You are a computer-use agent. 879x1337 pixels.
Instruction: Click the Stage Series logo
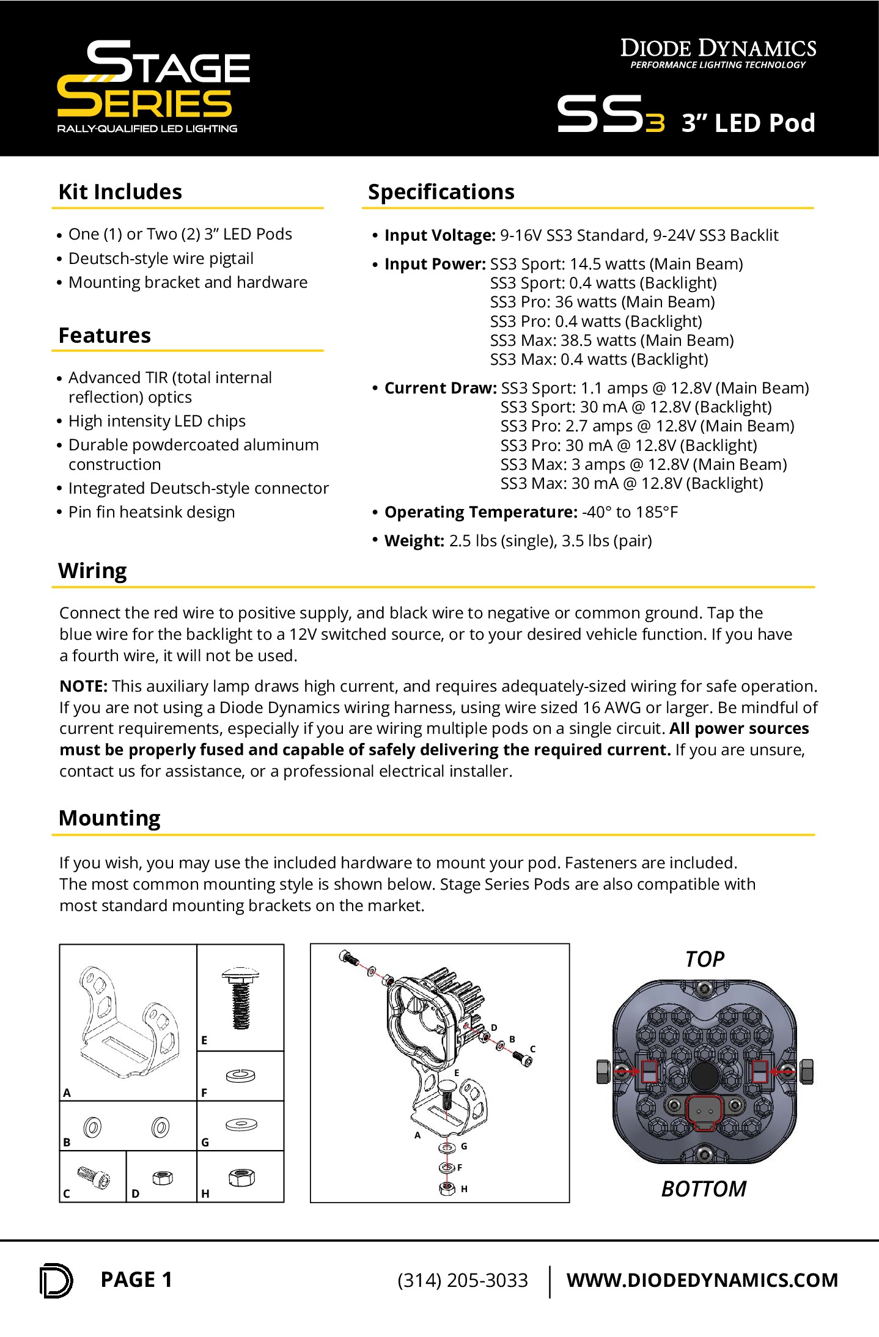click(x=153, y=86)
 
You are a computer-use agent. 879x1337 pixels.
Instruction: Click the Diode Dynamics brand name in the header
click(x=718, y=49)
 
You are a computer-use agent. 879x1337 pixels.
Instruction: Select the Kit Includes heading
click(x=120, y=192)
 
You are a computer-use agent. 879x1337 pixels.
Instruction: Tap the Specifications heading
click(x=441, y=192)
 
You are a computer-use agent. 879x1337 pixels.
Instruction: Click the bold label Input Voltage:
click(x=439, y=235)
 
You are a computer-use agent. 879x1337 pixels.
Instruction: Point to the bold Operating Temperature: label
click(x=480, y=512)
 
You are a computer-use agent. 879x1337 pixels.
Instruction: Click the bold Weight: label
click(x=414, y=541)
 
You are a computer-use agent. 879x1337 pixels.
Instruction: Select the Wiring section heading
click(x=92, y=571)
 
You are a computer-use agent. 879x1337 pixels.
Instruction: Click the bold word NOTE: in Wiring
click(x=83, y=686)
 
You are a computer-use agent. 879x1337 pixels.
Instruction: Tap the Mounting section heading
click(x=109, y=818)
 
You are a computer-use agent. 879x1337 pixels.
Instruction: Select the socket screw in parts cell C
click(x=94, y=1178)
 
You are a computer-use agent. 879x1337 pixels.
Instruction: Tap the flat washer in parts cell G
click(x=241, y=1124)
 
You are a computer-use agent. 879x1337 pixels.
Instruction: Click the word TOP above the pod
click(x=704, y=959)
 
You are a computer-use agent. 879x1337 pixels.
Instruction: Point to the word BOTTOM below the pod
click(x=704, y=1189)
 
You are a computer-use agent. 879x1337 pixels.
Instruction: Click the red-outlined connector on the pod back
click(x=704, y=1113)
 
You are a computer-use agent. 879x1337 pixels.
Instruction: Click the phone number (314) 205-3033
click(x=462, y=1280)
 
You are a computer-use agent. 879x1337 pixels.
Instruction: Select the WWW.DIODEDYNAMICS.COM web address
click(x=702, y=1280)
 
